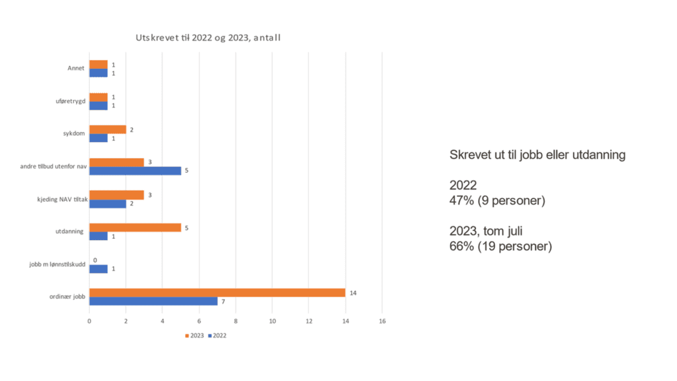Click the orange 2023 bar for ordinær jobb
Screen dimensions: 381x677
[x=217, y=292]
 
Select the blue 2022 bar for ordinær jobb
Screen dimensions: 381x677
[x=153, y=301]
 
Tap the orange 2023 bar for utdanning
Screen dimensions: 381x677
[x=135, y=228]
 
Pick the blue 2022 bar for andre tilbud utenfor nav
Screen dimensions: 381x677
[x=135, y=171]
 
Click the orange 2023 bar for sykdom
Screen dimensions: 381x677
[x=107, y=130]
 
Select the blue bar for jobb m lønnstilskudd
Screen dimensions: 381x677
[x=98, y=269]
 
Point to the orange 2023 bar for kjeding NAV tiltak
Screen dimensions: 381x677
[x=116, y=194]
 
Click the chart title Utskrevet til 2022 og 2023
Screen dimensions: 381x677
[x=208, y=38]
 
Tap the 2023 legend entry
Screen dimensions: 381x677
[x=194, y=335]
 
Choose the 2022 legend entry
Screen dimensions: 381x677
[x=218, y=335]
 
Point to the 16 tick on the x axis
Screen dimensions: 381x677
[x=381, y=321]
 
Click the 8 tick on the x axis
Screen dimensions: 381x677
[x=235, y=321]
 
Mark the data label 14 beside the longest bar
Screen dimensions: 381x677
[x=354, y=292]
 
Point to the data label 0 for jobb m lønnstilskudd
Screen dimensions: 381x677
[x=95, y=260]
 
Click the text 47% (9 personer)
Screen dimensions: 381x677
[x=497, y=200]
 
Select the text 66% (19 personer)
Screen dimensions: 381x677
[x=500, y=247]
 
